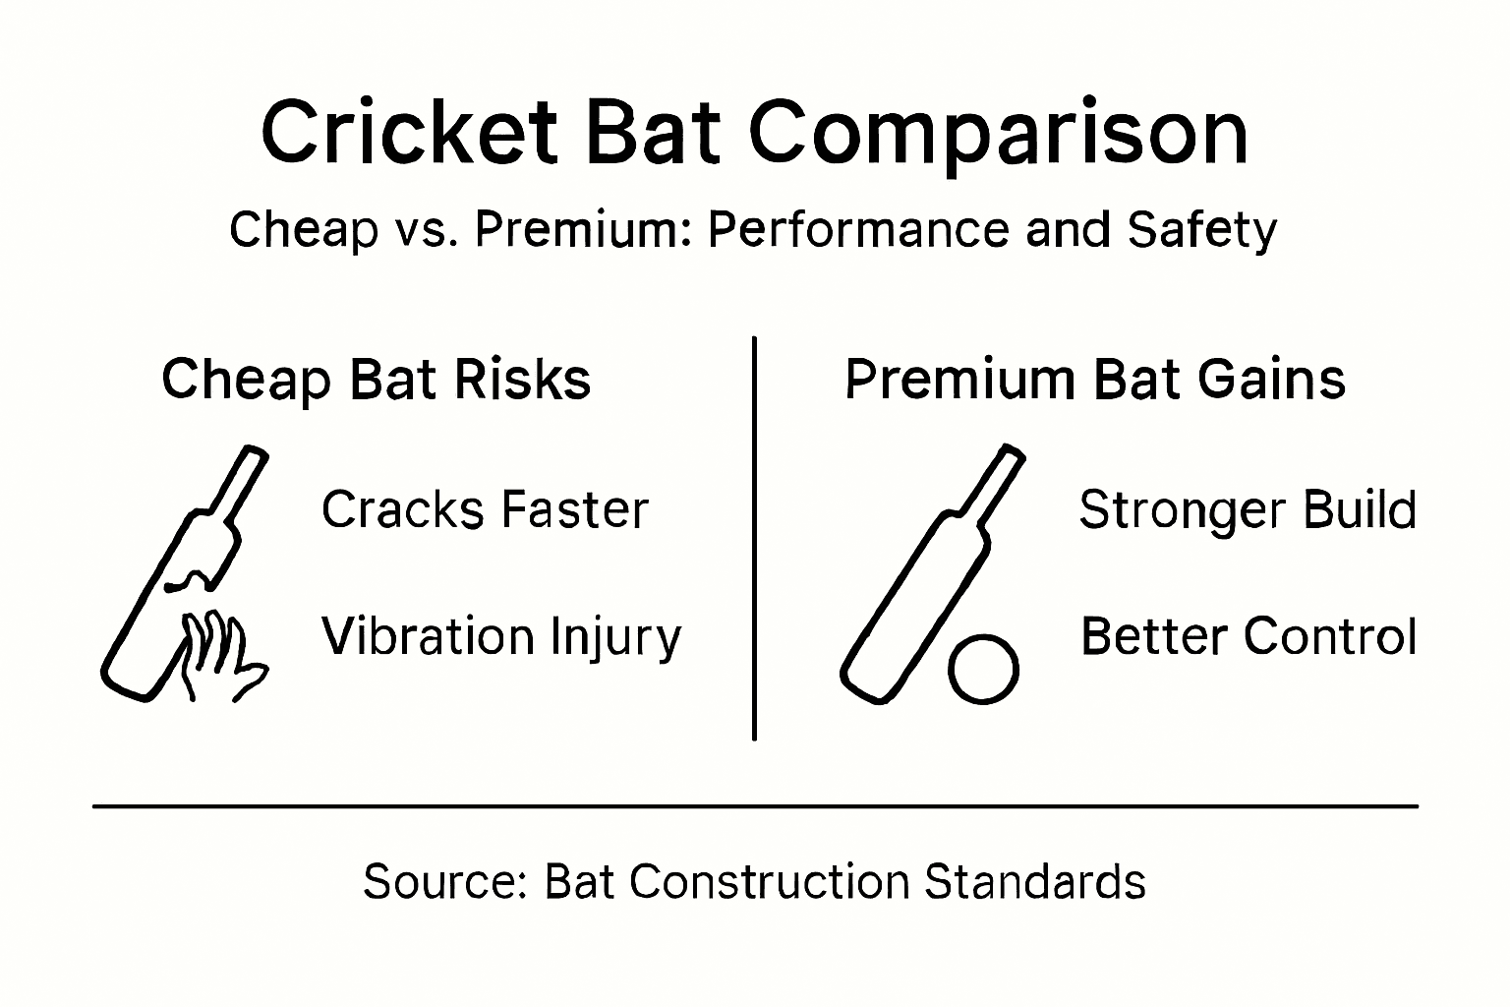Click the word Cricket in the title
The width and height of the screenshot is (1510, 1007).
(412, 133)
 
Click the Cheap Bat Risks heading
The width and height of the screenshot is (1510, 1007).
(376, 380)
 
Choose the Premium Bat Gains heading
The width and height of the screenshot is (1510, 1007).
(1094, 380)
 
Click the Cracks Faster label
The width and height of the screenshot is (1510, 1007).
(485, 509)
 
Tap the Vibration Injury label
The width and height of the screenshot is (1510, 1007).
(501, 636)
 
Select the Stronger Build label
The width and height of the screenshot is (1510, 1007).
(1248, 509)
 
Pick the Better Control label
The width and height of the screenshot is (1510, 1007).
(1248, 636)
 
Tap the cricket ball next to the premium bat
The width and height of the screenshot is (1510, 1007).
(983, 669)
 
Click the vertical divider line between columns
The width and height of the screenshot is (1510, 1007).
(754, 537)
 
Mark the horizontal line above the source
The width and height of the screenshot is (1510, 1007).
(755, 806)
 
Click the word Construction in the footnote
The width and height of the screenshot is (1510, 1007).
(769, 881)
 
